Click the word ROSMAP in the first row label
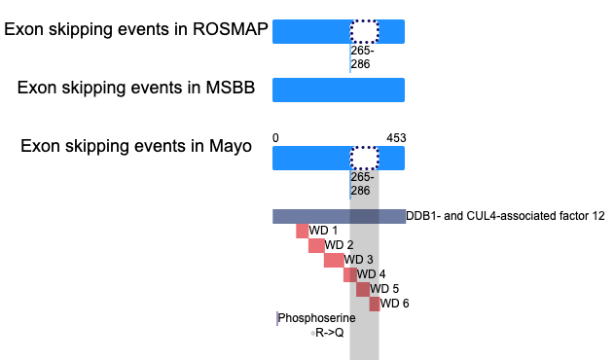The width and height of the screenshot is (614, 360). tap(230, 29)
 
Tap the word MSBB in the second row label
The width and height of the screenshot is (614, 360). tap(231, 88)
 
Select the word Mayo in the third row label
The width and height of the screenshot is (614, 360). tap(231, 147)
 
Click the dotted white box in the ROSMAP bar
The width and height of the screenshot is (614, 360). tap(364, 31)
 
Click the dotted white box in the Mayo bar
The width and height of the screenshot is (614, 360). tap(364, 159)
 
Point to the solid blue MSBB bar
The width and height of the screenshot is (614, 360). tap(339, 90)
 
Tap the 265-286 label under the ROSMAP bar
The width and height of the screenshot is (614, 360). tap(362, 57)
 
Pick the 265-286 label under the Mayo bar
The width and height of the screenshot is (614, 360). tap(362, 184)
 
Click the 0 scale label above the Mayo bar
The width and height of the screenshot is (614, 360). tap(275, 138)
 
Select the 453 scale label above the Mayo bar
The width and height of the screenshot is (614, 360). tap(396, 138)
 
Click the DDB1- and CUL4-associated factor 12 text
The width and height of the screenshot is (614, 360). tap(506, 216)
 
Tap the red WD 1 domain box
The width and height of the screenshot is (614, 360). tap(303, 232)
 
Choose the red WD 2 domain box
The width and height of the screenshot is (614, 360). tap(316, 245)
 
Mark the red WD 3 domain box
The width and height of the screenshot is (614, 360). tap(334, 260)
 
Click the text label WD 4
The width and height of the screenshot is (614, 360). tap(371, 274)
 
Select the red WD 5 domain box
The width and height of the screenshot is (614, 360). tap(363, 290)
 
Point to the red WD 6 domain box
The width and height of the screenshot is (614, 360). tap(375, 304)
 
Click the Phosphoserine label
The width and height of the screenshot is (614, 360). tap(317, 318)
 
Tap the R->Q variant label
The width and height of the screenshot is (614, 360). tap(330, 333)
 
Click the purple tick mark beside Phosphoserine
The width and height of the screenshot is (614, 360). tap(277, 318)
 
